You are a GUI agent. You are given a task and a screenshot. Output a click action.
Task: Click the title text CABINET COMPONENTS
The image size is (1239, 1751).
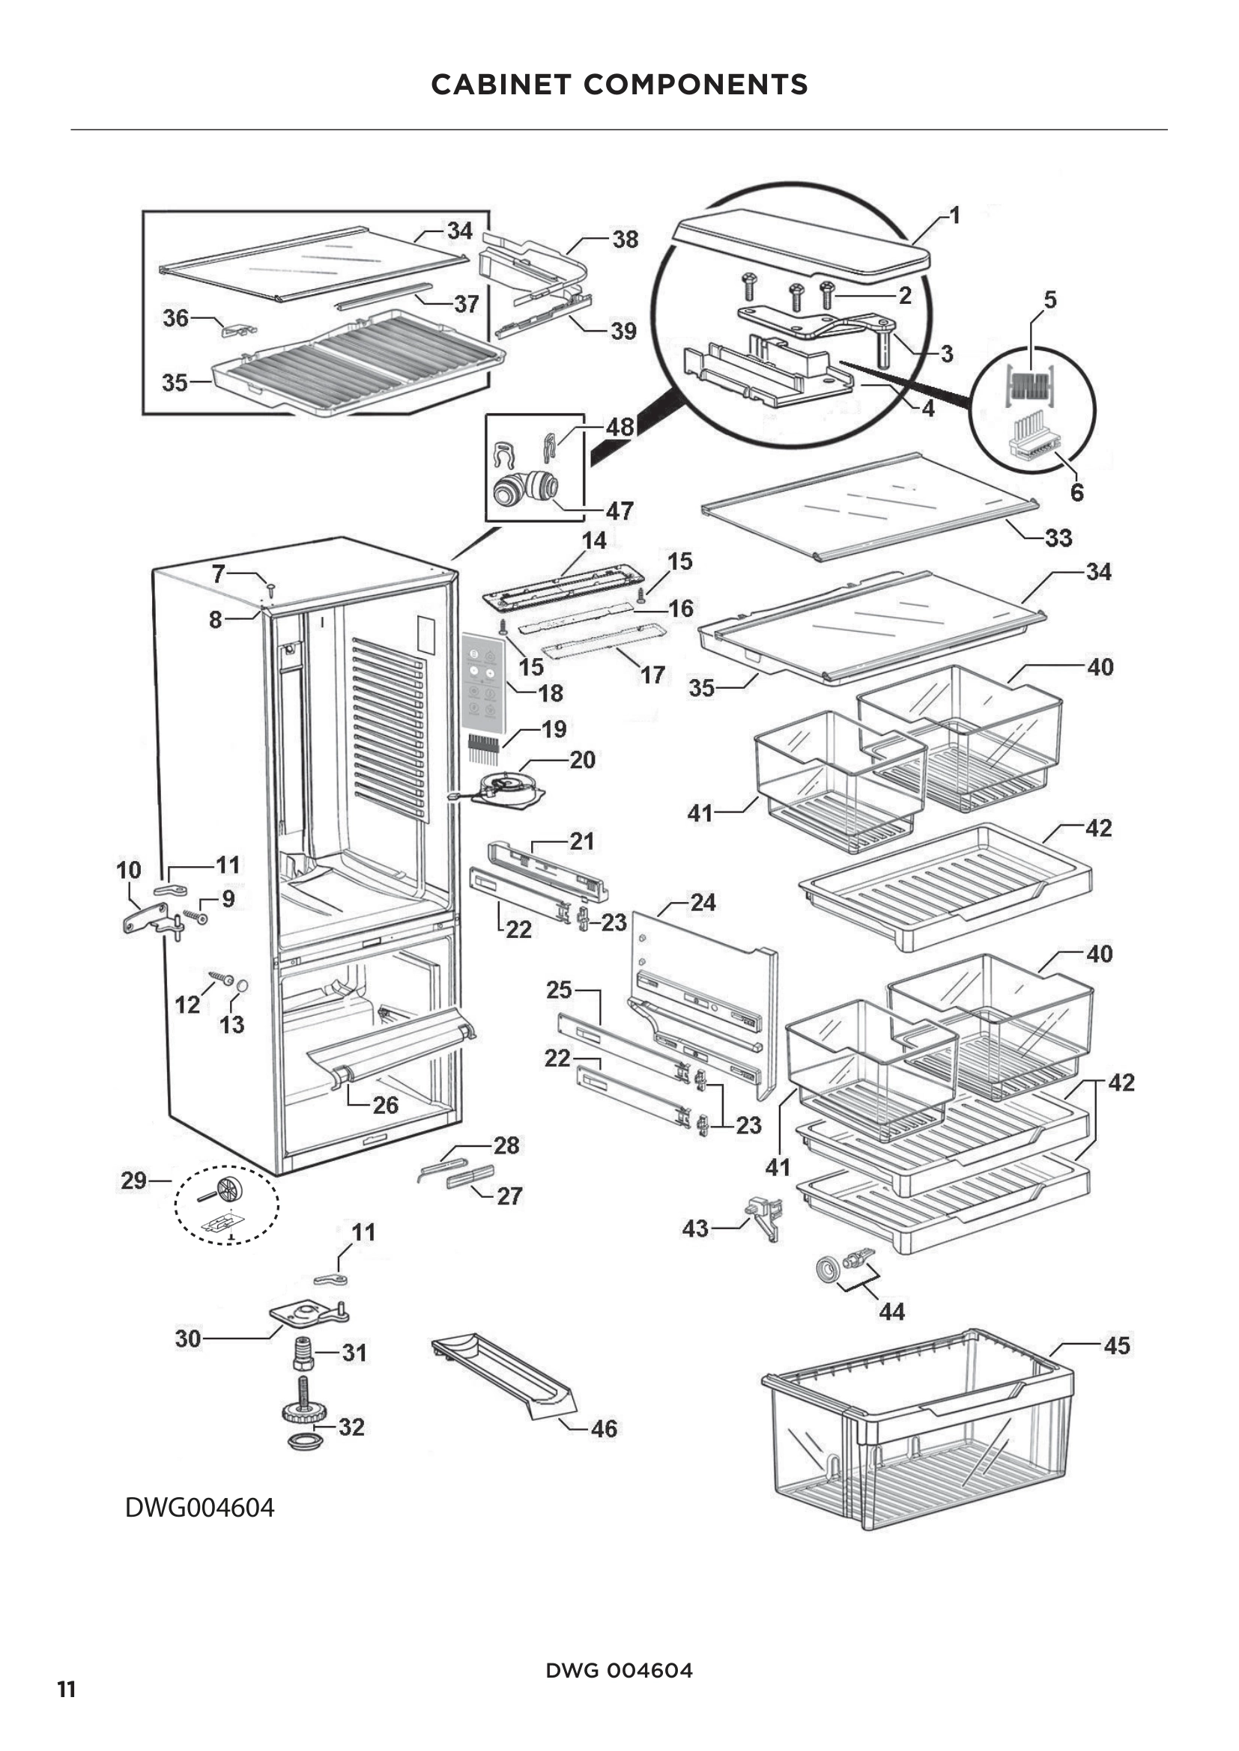click(619, 85)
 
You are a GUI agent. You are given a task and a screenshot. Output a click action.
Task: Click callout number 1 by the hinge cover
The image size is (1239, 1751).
click(954, 216)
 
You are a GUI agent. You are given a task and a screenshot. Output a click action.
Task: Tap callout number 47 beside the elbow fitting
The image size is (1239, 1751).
click(619, 511)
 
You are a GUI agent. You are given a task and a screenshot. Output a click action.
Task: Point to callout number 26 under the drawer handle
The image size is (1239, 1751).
click(385, 1105)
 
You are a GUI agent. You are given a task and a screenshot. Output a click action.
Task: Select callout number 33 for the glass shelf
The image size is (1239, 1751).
click(1058, 538)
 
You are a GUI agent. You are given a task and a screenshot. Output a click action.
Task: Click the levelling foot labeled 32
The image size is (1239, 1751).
click(304, 1416)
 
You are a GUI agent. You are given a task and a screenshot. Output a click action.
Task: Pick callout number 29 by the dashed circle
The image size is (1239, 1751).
click(133, 1181)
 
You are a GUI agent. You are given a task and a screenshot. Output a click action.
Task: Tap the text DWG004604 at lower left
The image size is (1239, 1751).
click(199, 1508)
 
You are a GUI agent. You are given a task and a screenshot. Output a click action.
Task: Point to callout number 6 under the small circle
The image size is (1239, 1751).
click(1076, 493)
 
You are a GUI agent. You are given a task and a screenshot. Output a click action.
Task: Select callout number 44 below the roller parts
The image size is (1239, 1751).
click(892, 1312)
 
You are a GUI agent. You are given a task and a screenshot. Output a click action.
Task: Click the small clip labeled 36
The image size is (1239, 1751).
click(238, 329)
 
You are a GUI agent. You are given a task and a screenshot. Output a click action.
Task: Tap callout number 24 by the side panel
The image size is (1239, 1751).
click(703, 903)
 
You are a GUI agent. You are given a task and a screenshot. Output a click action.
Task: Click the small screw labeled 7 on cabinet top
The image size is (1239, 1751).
click(270, 587)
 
